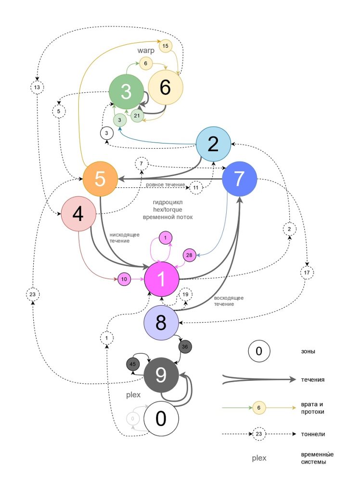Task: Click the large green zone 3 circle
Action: click(127, 91)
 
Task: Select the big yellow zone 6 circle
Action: click(166, 88)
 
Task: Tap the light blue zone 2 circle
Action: click(213, 144)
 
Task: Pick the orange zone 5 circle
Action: click(100, 179)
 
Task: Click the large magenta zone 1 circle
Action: click(162, 279)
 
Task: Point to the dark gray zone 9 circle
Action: click(161, 375)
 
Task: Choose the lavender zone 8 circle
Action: click(161, 323)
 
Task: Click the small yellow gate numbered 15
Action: click(166, 46)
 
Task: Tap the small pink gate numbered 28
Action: click(189, 255)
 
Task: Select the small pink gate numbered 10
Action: click(124, 279)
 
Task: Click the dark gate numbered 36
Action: click(185, 347)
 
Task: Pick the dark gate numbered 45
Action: click(133, 364)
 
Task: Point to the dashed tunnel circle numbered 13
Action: click(37, 87)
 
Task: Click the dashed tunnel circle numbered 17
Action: click(307, 272)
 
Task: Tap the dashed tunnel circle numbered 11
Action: click(196, 187)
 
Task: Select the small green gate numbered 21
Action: click(137, 116)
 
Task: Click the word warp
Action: click(146, 50)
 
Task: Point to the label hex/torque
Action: click(167, 210)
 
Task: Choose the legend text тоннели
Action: click(313, 434)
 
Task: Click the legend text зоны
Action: click(308, 351)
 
